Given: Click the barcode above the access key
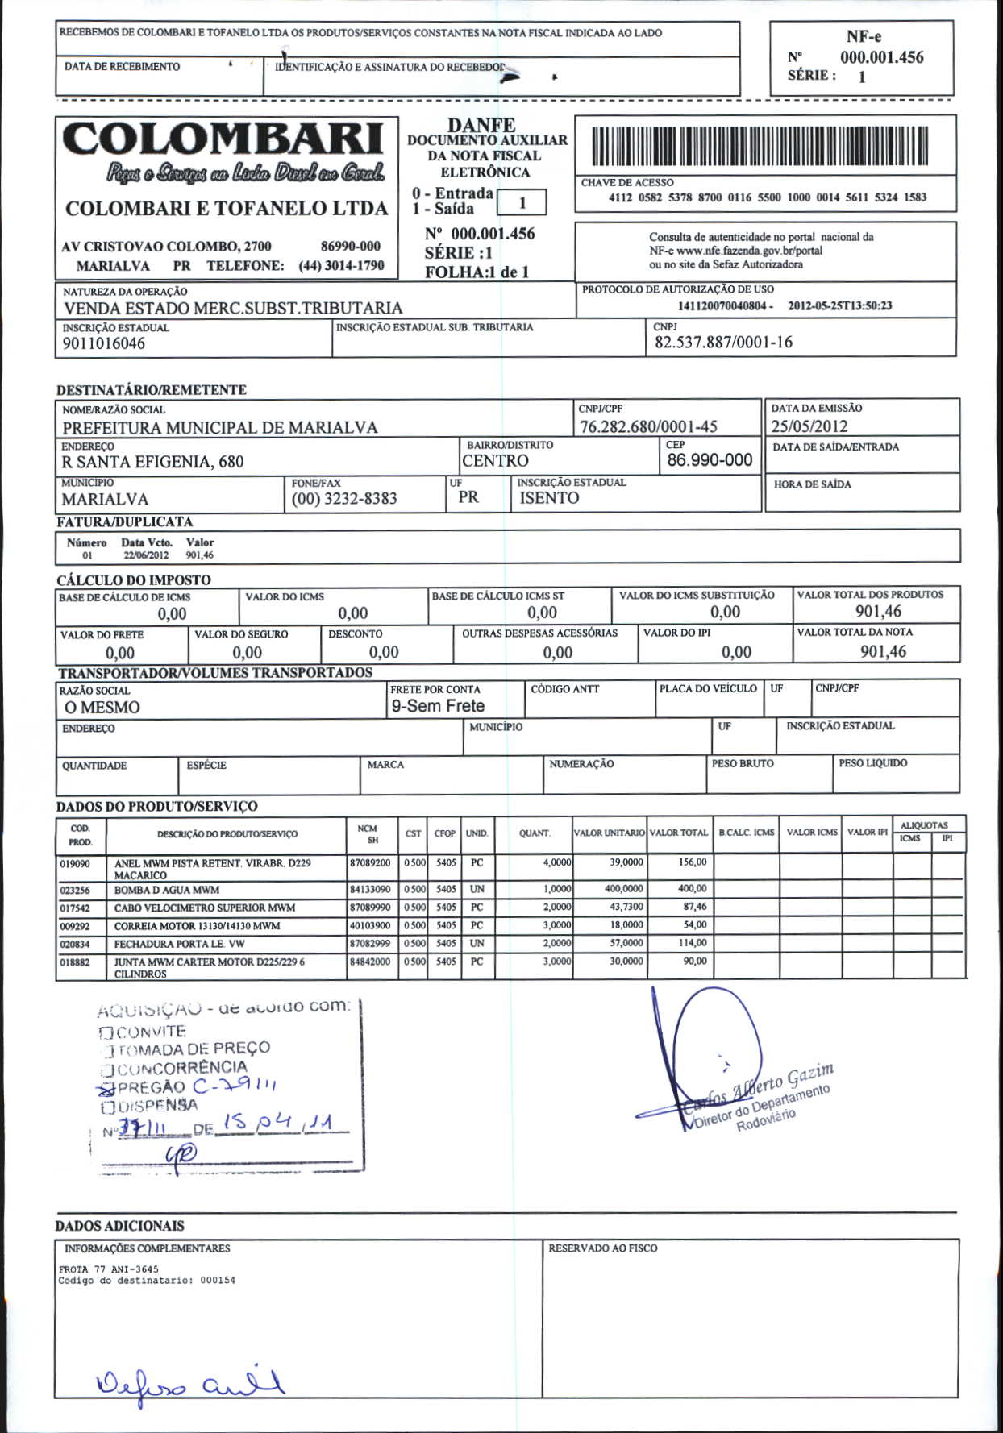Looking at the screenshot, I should (x=760, y=146).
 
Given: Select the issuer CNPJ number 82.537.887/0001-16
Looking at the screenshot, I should (x=723, y=342).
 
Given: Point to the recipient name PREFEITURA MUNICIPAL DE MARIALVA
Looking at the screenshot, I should (x=220, y=427).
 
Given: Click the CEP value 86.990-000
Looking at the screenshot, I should (x=710, y=460).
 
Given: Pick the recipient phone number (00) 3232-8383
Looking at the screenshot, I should (x=344, y=498).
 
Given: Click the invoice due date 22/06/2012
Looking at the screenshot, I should (x=146, y=555).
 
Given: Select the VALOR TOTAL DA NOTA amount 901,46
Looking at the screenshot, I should (x=883, y=651).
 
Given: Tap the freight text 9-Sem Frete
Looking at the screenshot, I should (x=438, y=706).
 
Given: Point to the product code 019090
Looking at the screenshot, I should (x=75, y=863).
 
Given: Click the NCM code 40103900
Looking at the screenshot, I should (x=370, y=925).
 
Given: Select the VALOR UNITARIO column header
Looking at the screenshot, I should (x=609, y=833).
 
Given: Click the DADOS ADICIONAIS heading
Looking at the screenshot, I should (x=119, y=1226).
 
